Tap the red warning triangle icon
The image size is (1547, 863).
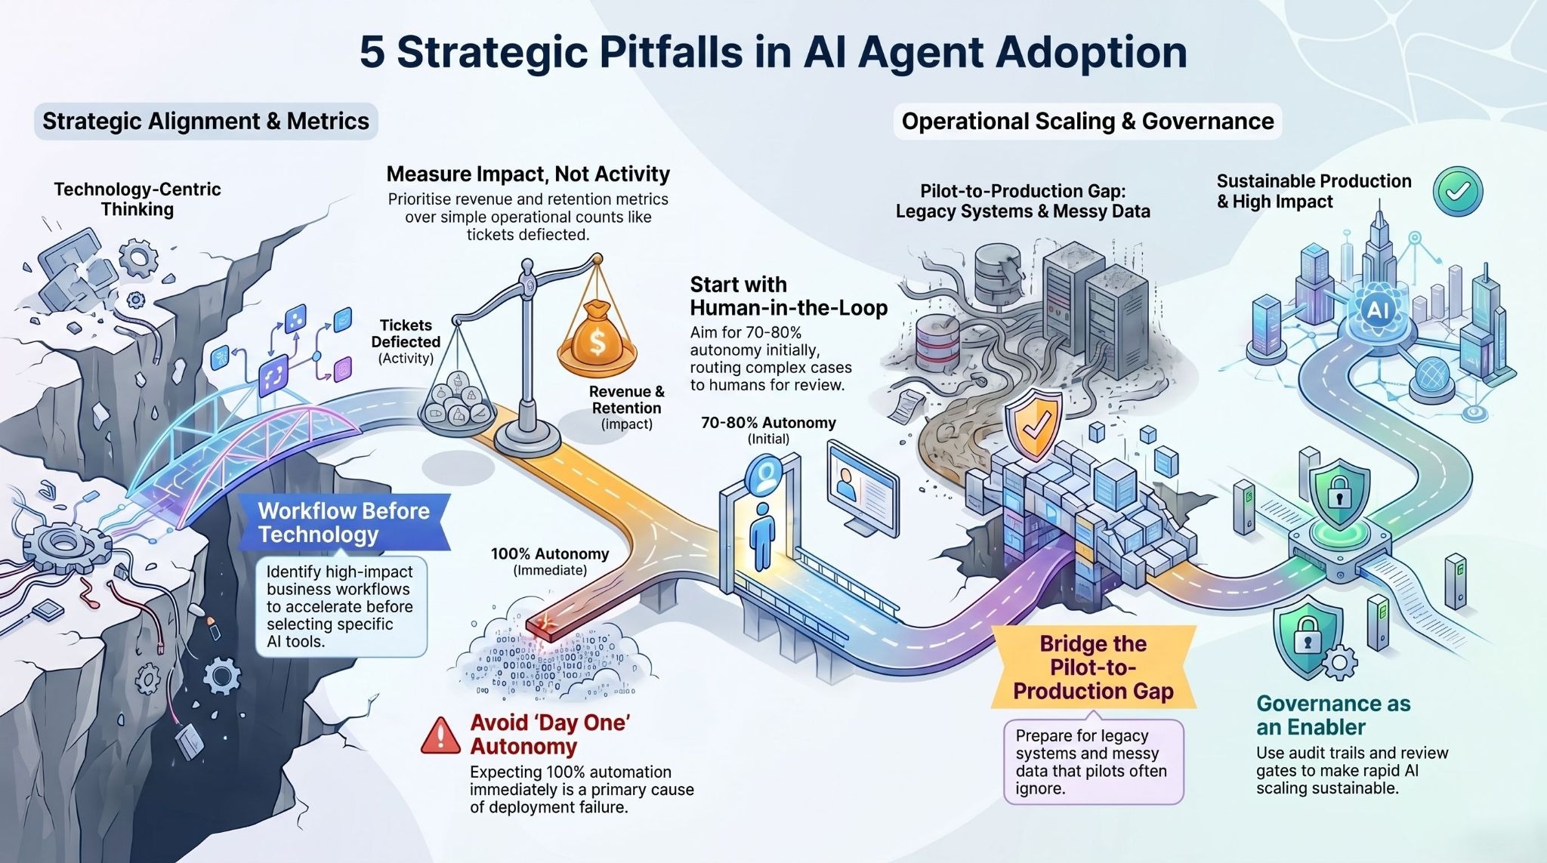[440, 735]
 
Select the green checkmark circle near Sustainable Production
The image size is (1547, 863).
[1457, 192]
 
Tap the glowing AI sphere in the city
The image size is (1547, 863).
[1378, 310]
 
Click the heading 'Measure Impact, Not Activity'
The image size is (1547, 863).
[528, 174]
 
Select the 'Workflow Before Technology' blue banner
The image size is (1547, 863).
[344, 522]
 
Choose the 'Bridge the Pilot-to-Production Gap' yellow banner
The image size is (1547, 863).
[1093, 667]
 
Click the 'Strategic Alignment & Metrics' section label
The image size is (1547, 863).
[205, 122]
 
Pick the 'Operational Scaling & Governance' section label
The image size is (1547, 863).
[1087, 122]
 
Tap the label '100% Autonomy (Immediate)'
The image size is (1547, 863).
[549, 561]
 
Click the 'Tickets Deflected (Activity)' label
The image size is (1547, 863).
[406, 341]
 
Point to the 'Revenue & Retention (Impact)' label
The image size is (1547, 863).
[626, 407]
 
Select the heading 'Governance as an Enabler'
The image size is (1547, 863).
[1333, 715]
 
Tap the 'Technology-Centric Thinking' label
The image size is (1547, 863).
[137, 199]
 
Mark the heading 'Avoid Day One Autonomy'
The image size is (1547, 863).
[550, 734]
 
